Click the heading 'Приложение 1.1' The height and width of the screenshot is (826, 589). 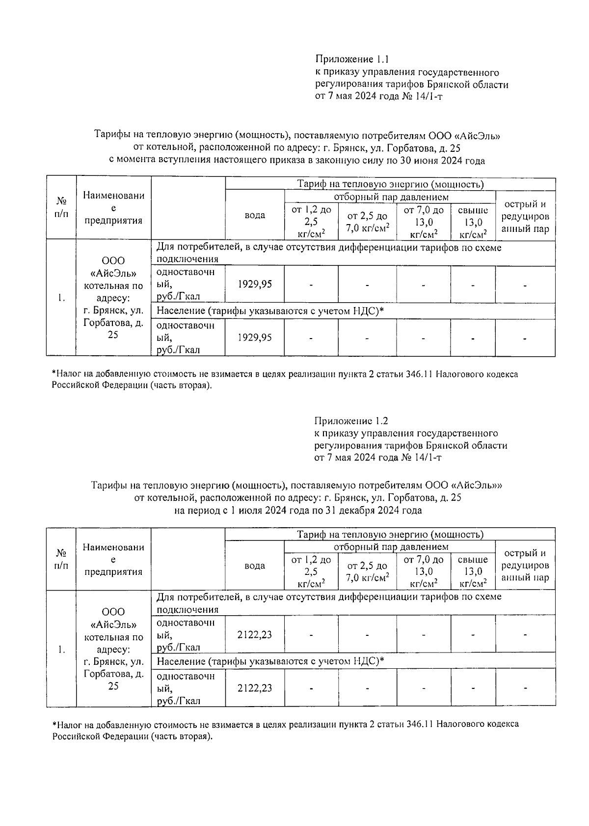pyautogui.click(x=352, y=59)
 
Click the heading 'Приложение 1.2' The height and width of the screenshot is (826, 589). pyautogui.click(x=351, y=421)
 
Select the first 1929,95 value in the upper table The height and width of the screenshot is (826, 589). pyautogui.click(x=254, y=285)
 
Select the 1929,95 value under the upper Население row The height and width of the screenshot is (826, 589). pyautogui.click(x=254, y=338)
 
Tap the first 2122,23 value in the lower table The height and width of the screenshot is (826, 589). pyautogui.click(x=254, y=634)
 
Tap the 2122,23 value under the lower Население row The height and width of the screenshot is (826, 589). pyautogui.click(x=254, y=688)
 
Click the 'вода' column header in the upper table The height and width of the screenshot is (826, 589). pyautogui.click(x=255, y=215)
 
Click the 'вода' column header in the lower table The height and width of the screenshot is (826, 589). pyautogui.click(x=255, y=566)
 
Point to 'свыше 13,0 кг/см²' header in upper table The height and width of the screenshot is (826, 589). pyautogui.click(x=473, y=222)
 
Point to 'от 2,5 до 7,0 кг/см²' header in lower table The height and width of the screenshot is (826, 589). pyautogui.click(x=367, y=571)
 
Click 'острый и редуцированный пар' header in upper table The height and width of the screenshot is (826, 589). pyautogui.click(x=525, y=217)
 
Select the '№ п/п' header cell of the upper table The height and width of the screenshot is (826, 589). pyautogui.click(x=61, y=208)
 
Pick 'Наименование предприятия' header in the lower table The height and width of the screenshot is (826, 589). pyautogui.click(x=113, y=559)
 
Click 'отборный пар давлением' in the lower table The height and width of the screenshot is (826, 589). pyautogui.click(x=391, y=547)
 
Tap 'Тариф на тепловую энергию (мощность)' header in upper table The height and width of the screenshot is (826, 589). pyautogui.click(x=390, y=184)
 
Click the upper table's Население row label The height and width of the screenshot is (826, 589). pyautogui.click(x=269, y=311)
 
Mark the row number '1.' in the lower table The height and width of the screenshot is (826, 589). pyautogui.click(x=61, y=650)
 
